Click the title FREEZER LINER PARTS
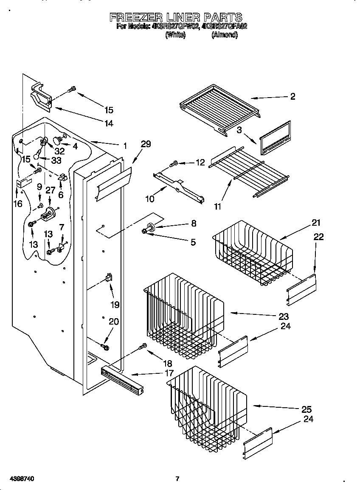pyautogui.click(x=176, y=17)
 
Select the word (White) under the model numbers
pyautogui.click(x=175, y=36)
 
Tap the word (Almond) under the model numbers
pyautogui.click(x=225, y=36)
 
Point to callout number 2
pyautogui.click(x=292, y=96)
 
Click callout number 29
pyautogui.click(x=146, y=144)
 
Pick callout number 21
pyautogui.click(x=316, y=223)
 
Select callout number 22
pyautogui.click(x=318, y=237)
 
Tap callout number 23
pyautogui.click(x=284, y=316)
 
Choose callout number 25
pyautogui.click(x=306, y=409)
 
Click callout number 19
pyautogui.click(x=115, y=304)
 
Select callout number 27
pyautogui.click(x=50, y=190)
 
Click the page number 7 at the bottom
pyautogui.click(x=177, y=479)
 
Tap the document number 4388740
pyautogui.click(x=18, y=479)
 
